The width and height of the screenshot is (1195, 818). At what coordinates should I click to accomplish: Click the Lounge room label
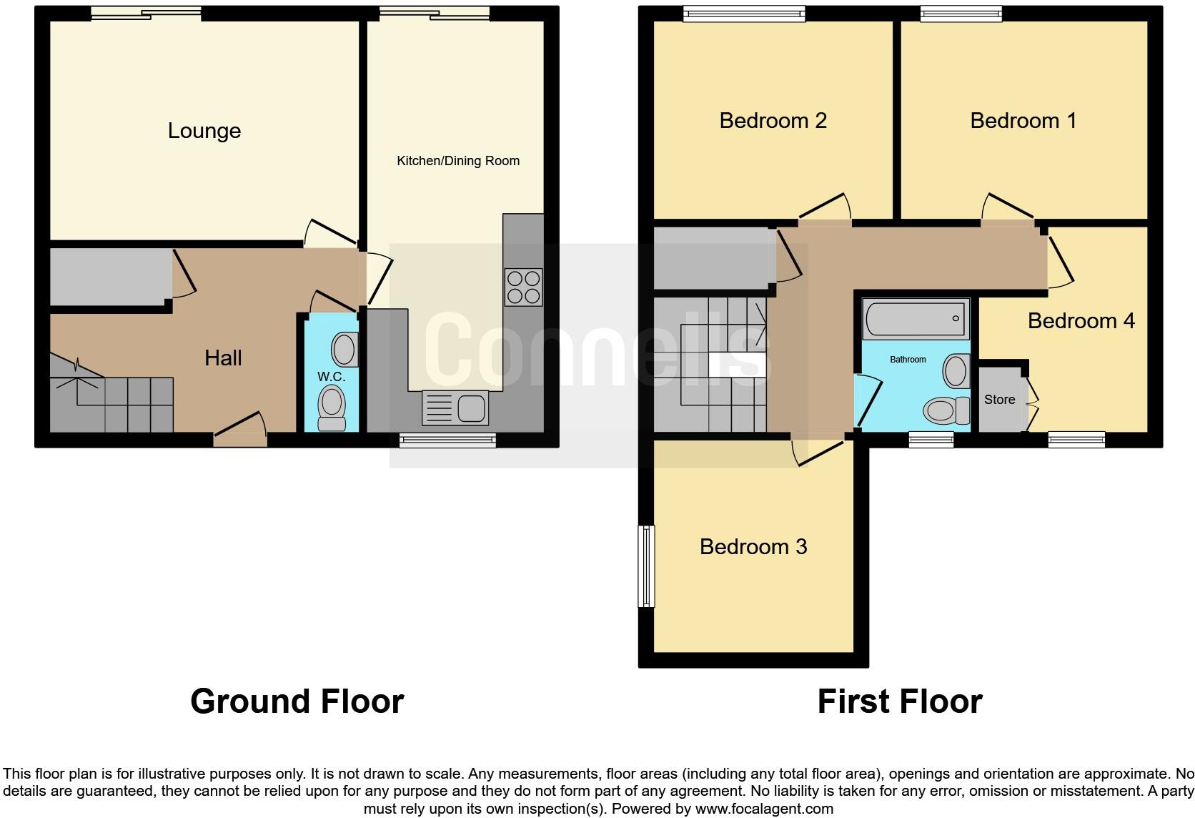pos(204,131)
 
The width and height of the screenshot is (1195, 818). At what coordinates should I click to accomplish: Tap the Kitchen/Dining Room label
pos(457,161)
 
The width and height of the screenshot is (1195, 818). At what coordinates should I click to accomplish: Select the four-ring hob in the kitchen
pos(523,287)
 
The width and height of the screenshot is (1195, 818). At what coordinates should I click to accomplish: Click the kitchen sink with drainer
pos(455,408)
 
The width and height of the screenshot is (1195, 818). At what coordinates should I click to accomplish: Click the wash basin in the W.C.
pos(344,350)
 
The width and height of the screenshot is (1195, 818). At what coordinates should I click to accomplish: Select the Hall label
pos(223,358)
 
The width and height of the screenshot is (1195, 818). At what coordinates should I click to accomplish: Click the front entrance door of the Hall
pos(241,429)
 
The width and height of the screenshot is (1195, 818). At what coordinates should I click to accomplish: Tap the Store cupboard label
pos(999,400)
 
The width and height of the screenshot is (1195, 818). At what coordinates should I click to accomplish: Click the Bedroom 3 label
pos(753,547)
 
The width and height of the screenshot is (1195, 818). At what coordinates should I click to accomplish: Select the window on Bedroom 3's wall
pos(646,566)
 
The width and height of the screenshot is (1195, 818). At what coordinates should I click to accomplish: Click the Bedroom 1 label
pos(1023,121)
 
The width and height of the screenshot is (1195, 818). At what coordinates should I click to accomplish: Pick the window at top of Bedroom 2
pos(743,13)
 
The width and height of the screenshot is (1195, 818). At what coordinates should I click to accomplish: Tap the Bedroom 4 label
pos(1080,321)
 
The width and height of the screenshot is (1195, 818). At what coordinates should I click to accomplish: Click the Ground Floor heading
pos(297,701)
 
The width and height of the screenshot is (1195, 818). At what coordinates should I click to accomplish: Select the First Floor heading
pos(899,701)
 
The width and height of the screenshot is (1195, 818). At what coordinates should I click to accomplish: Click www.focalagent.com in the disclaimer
pos(764,809)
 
